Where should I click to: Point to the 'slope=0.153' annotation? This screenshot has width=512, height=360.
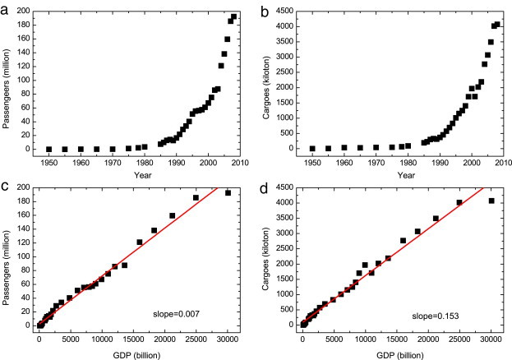pyautogui.click(x=441, y=313)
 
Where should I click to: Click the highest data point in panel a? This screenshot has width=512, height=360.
pyautogui.click(x=234, y=16)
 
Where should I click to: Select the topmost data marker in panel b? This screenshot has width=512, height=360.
pyautogui.click(x=497, y=24)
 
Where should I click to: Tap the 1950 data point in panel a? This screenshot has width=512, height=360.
pyautogui.click(x=49, y=150)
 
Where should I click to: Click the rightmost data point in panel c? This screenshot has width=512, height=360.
pyautogui.click(x=228, y=193)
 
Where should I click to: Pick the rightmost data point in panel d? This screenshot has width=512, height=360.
pyautogui.click(x=491, y=201)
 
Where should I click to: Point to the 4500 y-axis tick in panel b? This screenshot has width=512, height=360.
pyautogui.click(x=290, y=12)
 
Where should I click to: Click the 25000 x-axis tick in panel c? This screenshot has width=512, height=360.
pyautogui.click(x=196, y=338)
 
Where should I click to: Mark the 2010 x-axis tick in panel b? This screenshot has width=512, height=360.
pyautogui.click(x=504, y=162)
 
